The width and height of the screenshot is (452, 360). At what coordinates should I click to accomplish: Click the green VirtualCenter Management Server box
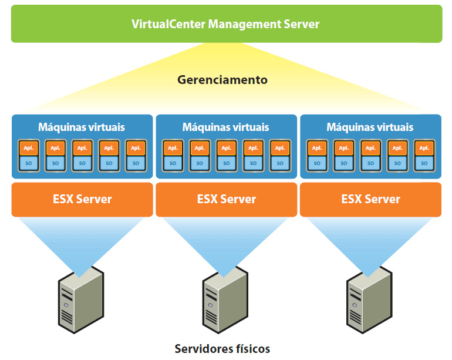226,24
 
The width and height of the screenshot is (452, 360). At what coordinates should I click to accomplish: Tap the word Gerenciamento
222,80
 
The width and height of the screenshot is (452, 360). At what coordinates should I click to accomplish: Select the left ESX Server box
82,199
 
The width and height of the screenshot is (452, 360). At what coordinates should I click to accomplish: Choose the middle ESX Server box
226,199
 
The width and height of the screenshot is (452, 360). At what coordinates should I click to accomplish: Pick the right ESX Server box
370,199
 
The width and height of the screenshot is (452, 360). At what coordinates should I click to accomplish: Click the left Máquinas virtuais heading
82,127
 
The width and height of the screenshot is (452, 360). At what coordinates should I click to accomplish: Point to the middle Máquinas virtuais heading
226,127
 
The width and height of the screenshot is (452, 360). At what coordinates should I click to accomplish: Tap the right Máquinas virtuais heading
370,127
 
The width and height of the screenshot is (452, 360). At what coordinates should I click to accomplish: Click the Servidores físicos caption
222,349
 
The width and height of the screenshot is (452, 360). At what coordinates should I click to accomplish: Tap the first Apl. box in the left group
28,148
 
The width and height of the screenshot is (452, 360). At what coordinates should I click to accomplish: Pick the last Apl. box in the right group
424,148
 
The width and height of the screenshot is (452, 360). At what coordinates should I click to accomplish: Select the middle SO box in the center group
226,163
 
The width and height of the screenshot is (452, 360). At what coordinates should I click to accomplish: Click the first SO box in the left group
28,163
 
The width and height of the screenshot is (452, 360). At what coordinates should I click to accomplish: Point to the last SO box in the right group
424,163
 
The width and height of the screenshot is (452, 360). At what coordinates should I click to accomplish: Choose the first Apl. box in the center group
173,148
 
